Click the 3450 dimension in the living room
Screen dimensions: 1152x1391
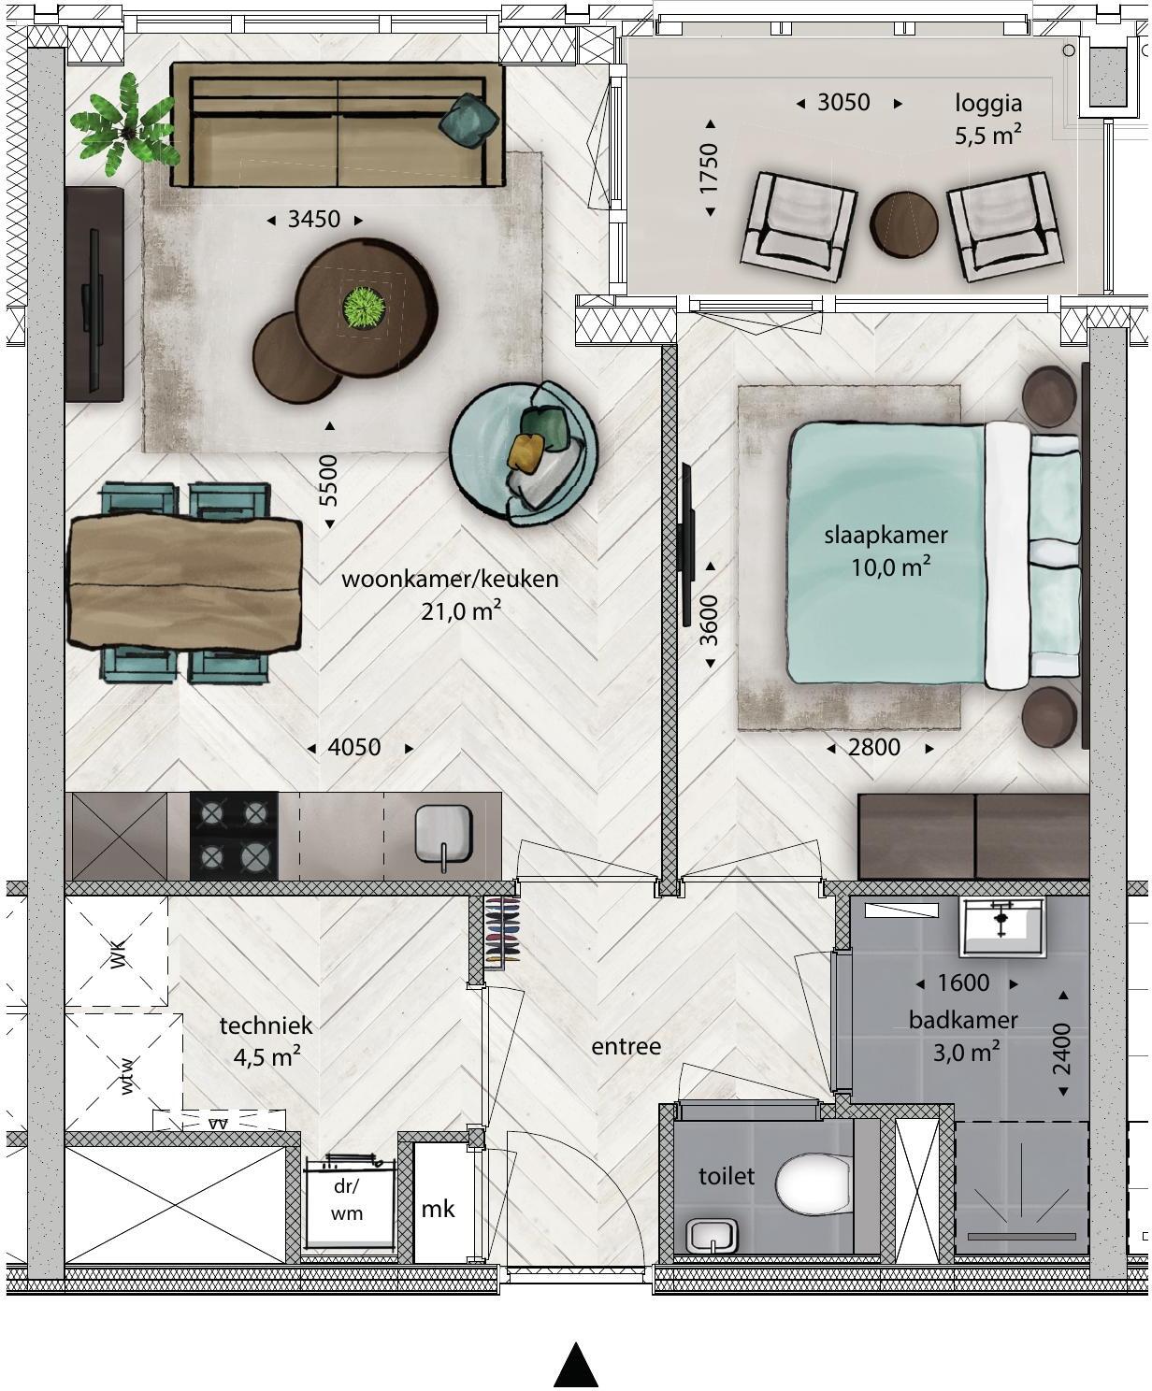(314, 219)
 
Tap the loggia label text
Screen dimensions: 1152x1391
(988, 103)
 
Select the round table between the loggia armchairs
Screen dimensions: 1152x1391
(904, 223)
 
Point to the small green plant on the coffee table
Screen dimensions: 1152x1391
(364, 308)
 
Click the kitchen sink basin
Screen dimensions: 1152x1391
(443, 834)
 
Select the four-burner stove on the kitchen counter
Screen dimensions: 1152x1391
(234, 836)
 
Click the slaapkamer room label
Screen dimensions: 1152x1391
(886, 535)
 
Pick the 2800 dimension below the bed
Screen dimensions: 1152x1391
(874, 748)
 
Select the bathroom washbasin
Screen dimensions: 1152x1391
(1001, 926)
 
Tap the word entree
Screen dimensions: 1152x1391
(626, 1047)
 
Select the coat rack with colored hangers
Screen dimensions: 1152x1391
(503, 930)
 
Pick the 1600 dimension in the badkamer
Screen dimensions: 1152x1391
(963, 982)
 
